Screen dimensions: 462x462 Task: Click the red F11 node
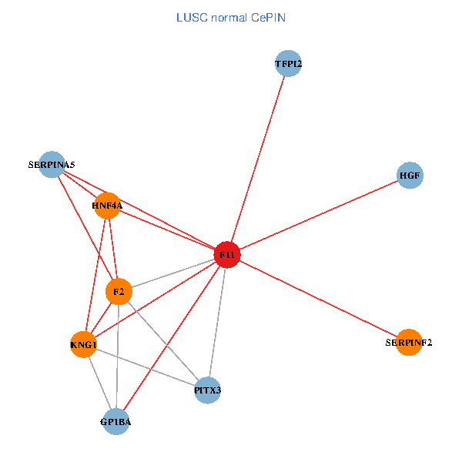tap(227, 255)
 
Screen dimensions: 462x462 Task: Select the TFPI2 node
tap(288, 64)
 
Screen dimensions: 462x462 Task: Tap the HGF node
tap(410, 176)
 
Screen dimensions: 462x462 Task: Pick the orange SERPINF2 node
tap(409, 342)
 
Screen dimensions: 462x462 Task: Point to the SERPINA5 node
tap(51, 164)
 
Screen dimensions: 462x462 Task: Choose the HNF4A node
tap(108, 206)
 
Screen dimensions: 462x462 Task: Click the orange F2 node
tap(119, 292)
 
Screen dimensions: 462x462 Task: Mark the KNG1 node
tap(83, 344)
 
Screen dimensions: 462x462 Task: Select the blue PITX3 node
tap(207, 390)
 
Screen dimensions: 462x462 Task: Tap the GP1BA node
tap(115, 421)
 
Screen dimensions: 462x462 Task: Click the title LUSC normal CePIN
tap(230, 17)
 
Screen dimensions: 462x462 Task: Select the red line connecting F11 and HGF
tap(319, 215)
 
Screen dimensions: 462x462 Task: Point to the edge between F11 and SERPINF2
tap(318, 299)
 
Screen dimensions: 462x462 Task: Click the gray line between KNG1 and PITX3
tap(146, 367)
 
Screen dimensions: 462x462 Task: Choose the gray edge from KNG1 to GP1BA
tap(99, 383)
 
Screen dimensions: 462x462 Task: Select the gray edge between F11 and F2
tap(173, 273)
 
